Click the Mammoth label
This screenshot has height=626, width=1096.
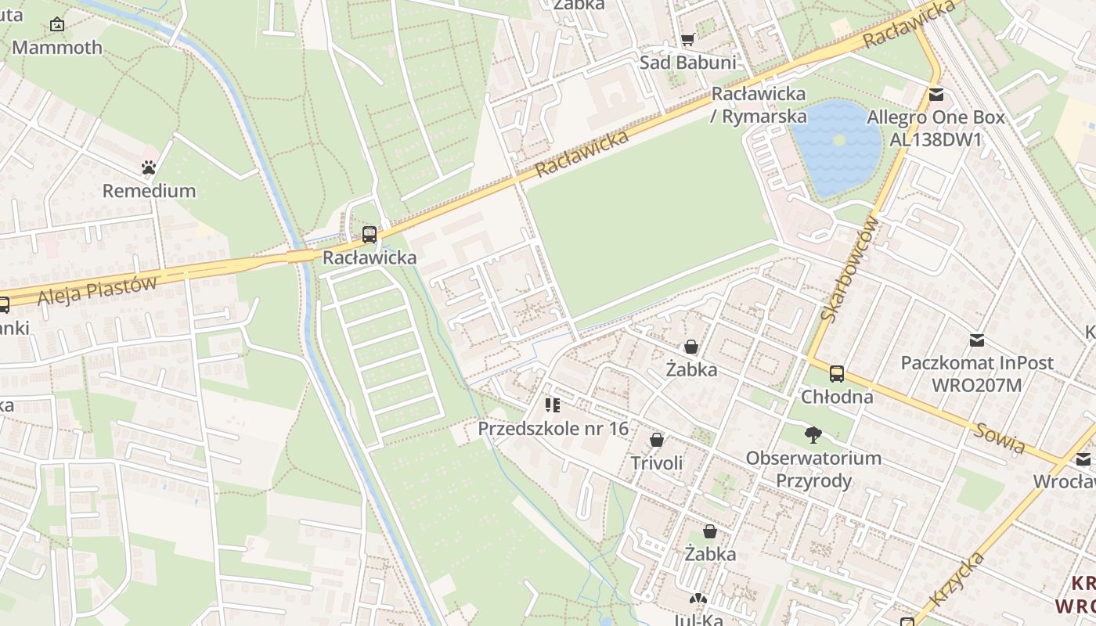click(x=57, y=48)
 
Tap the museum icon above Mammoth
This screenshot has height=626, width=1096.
click(x=56, y=24)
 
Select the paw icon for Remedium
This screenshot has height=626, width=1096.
click(x=149, y=167)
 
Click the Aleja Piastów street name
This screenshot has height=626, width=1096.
click(x=96, y=291)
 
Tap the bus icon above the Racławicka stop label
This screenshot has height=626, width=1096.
click(x=370, y=234)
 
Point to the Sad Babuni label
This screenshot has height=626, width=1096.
click(x=688, y=63)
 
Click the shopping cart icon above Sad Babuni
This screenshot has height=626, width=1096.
click(x=687, y=40)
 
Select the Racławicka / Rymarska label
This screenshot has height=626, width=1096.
click(x=758, y=105)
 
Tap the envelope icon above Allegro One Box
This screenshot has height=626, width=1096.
click(x=936, y=95)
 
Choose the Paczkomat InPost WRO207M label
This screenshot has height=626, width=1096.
click(x=977, y=374)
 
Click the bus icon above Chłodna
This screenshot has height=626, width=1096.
click(x=837, y=373)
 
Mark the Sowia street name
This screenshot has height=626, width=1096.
click(x=1000, y=437)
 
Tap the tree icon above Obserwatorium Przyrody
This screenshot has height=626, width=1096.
click(x=813, y=434)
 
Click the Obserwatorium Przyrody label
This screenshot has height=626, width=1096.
click(x=813, y=469)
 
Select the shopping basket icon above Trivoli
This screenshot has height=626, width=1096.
click(x=657, y=440)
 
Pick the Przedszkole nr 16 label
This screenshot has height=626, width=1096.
click(x=553, y=429)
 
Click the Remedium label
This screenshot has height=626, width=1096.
click(x=149, y=191)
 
